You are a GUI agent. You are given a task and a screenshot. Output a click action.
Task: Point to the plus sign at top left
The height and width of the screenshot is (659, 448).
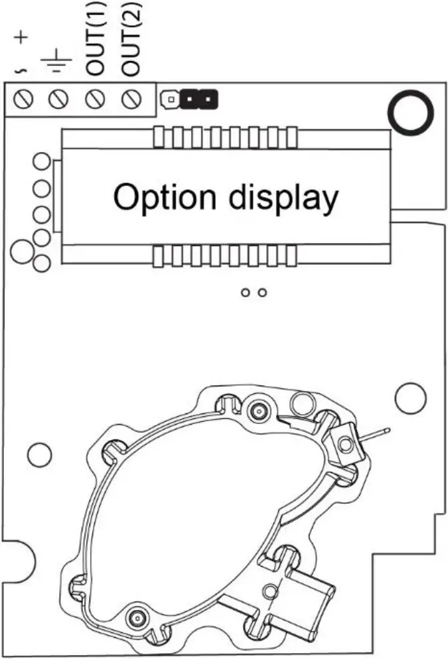[21, 38]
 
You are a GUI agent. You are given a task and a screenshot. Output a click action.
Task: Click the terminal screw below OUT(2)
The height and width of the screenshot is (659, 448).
[132, 100]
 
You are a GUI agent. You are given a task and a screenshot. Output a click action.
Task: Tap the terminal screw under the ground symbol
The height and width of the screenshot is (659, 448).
[57, 100]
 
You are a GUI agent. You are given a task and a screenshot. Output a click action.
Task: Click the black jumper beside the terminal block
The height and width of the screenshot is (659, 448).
[200, 100]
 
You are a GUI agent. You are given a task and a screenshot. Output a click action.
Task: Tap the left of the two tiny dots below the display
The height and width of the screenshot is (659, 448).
[246, 292]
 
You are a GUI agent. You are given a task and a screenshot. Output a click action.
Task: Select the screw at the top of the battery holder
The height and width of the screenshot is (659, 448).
[257, 411]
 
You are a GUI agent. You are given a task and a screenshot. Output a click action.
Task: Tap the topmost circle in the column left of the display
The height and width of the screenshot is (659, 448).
[42, 161]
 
